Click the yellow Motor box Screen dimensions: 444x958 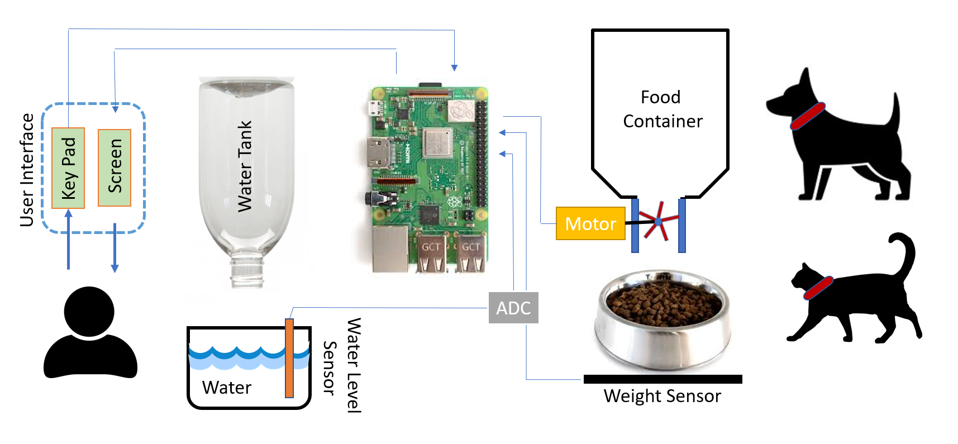click(590, 223)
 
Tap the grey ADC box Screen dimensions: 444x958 click(513, 308)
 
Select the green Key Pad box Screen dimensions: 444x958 click(68, 168)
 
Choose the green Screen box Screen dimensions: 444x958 click(115, 168)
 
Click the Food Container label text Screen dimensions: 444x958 click(662, 109)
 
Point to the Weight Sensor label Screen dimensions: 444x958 click(662, 396)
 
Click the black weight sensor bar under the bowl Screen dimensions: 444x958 click(663, 379)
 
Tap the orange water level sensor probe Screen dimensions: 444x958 click(289, 358)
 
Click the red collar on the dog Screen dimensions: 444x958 click(808, 116)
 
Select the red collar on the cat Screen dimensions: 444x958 click(818, 288)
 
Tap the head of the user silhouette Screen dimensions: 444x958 click(89, 312)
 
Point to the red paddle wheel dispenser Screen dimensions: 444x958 click(658, 222)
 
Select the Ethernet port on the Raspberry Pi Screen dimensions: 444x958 click(390, 249)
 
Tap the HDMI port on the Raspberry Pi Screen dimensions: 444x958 click(379, 153)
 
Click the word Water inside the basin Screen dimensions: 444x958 click(227, 388)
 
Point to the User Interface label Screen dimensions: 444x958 click(27, 170)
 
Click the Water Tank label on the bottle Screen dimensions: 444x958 click(245, 166)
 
